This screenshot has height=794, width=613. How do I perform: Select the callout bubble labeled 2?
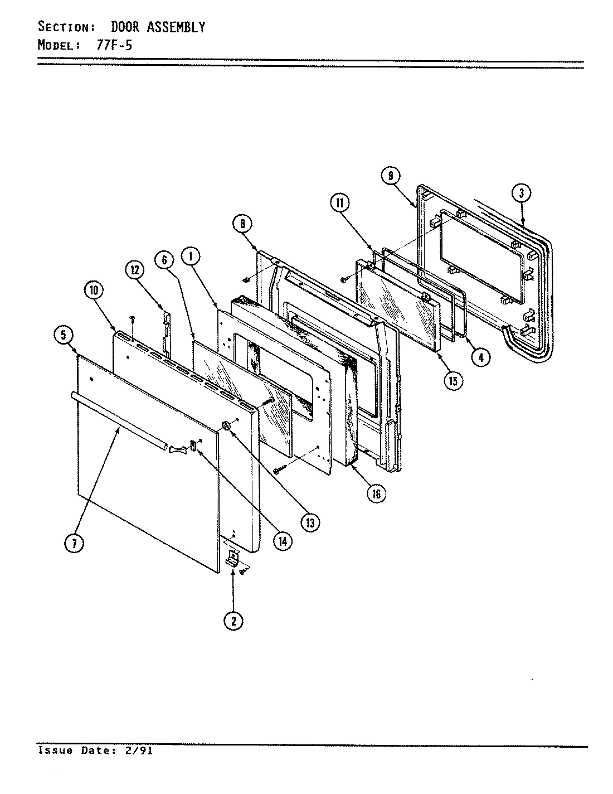(x=233, y=620)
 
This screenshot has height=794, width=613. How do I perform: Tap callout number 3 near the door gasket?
(x=521, y=193)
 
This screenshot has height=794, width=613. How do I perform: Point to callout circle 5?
(x=63, y=335)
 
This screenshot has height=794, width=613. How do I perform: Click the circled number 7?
(x=73, y=544)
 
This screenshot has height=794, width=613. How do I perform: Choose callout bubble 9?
(x=390, y=176)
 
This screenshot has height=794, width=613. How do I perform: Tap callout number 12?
(x=134, y=270)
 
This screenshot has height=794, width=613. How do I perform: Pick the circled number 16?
(x=377, y=493)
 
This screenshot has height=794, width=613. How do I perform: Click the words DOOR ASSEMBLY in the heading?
(x=158, y=26)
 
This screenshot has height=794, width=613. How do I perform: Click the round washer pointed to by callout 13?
(x=226, y=426)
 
